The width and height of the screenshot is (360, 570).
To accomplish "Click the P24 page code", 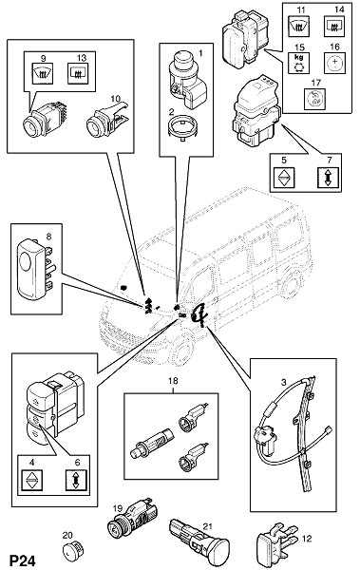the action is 23,560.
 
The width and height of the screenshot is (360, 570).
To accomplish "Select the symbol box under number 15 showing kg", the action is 298,63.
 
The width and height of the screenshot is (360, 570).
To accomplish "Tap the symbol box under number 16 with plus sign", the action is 334,63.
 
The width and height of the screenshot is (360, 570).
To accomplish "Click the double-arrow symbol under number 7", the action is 328,177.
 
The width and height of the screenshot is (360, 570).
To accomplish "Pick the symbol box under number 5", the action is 284,177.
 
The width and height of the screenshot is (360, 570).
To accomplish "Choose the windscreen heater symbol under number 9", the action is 43,73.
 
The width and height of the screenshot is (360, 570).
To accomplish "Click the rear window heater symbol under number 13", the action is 79,73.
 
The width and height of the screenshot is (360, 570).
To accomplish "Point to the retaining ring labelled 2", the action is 181,129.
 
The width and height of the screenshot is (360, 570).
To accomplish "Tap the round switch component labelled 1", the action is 186,80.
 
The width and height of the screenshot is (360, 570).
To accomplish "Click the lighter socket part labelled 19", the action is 133,517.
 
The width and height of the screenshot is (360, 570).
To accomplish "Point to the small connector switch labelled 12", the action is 277,542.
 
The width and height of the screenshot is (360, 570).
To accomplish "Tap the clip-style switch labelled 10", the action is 107,120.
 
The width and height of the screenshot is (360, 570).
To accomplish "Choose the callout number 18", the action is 173,381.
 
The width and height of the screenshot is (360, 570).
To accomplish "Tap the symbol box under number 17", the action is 314,99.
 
